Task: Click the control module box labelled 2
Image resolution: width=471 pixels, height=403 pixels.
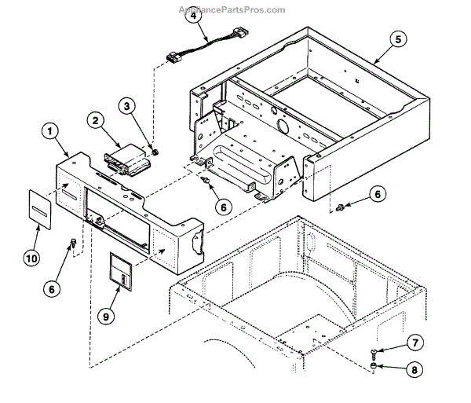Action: pos(129,162)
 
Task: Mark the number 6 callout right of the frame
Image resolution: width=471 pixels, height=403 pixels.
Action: pos(378,193)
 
